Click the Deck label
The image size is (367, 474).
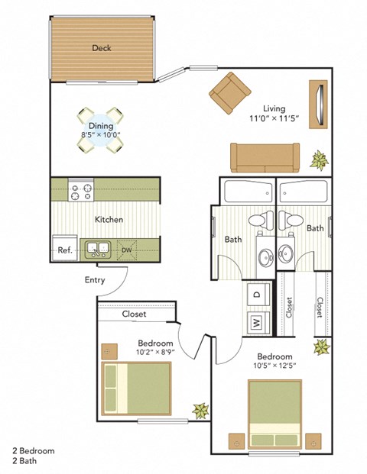click(x=102, y=48)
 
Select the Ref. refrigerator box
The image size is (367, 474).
click(x=63, y=249)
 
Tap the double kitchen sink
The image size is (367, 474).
click(x=99, y=248)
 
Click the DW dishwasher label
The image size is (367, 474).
click(x=128, y=249)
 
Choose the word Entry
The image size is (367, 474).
click(x=95, y=280)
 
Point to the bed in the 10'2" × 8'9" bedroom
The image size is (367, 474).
click(x=136, y=386)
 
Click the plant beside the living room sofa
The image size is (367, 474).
click(x=318, y=160)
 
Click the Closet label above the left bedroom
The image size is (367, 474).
click(x=134, y=314)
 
